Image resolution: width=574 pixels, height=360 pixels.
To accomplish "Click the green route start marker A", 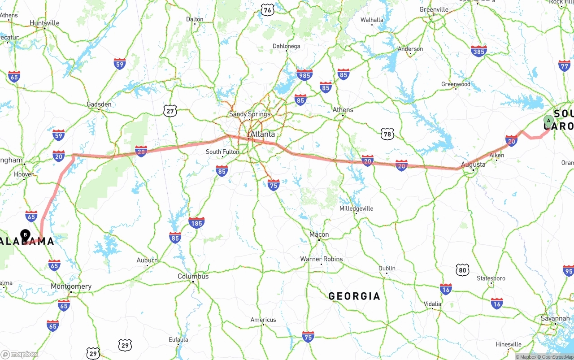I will [x=548, y=121].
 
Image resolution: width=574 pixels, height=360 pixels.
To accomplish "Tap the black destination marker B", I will [x=26, y=234].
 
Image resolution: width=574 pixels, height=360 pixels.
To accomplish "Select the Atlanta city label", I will [x=262, y=134].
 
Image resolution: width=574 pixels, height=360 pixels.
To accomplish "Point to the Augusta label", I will [x=473, y=165].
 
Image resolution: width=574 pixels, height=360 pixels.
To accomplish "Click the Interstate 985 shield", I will [x=304, y=75].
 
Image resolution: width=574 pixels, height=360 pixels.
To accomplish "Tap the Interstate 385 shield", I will [x=479, y=52].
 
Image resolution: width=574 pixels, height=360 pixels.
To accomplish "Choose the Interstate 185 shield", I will [x=196, y=222].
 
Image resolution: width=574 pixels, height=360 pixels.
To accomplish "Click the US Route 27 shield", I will [x=170, y=111].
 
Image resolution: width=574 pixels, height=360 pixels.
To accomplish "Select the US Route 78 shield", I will [x=387, y=134].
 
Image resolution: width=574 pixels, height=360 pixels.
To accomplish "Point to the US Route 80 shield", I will [x=463, y=269].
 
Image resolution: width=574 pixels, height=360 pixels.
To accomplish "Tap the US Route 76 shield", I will [x=267, y=10].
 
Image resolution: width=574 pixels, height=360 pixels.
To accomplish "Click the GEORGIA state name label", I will [x=354, y=296].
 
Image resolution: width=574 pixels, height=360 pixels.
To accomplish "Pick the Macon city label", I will [x=319, y=234].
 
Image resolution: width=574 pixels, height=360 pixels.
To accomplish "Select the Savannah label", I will [x=555, y=318].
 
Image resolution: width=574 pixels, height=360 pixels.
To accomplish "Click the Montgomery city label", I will [x=71, y=286].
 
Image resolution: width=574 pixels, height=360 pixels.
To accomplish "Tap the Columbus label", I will [x=193, y=276].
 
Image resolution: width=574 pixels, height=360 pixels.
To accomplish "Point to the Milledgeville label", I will [x=356, y=208].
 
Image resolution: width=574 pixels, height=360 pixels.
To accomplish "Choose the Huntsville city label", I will [x=44, y=23].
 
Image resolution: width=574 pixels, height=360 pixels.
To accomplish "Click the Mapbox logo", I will [x=19, y=354].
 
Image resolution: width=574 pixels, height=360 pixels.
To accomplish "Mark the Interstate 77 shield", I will [x=565, y=65].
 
